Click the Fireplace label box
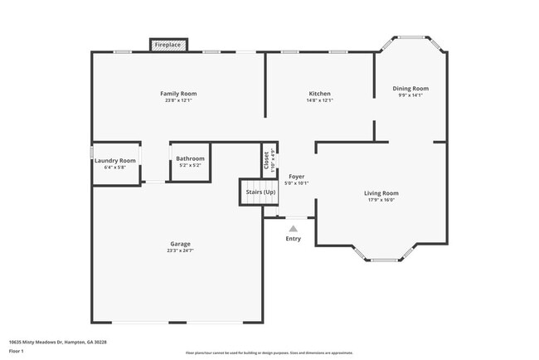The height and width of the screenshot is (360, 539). pos(168,44)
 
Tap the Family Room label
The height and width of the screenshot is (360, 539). pos(178,94)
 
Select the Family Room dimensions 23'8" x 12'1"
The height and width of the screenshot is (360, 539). pos(178,100)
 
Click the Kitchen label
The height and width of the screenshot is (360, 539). pos(320,94)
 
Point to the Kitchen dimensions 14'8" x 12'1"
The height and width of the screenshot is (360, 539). pos(320,100)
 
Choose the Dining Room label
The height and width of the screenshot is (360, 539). pos(410,88)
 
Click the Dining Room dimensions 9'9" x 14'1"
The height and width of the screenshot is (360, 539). pos(410,95)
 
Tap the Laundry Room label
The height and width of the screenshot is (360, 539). pos(115,160)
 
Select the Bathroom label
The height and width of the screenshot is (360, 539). pos(190,158)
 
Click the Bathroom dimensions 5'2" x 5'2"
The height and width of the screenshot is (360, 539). pos(190,165)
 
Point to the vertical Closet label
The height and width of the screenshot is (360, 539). pos(266,160)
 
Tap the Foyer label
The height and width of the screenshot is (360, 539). pos(297,177)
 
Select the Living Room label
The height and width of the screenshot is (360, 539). pos(381,193)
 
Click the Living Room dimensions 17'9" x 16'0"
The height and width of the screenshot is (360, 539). pos(381,200)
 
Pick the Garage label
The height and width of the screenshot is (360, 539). pos(181,244)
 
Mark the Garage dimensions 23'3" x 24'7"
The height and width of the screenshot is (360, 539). pos(181,251)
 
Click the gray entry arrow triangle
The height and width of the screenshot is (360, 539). pos(293,228)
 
